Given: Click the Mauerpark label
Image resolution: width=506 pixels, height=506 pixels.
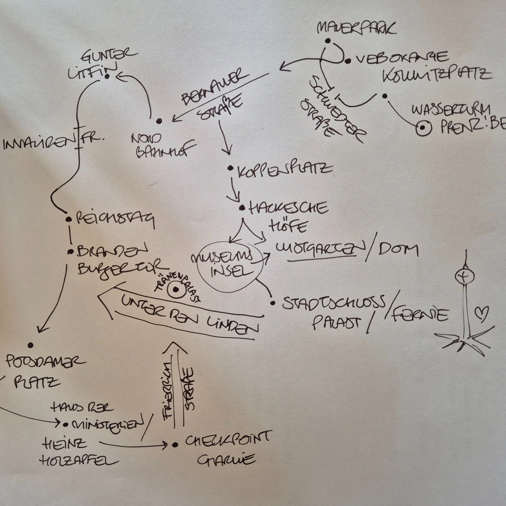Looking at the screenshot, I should coord(356,28).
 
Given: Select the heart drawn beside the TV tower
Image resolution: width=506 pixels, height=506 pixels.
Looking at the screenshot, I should coord(482,314).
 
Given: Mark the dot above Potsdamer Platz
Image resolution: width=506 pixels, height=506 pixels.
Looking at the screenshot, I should coord(31,345).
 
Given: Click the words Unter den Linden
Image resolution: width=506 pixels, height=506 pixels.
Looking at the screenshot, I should coord(190,315).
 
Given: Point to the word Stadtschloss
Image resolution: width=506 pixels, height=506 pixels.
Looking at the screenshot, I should coord(332,302).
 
